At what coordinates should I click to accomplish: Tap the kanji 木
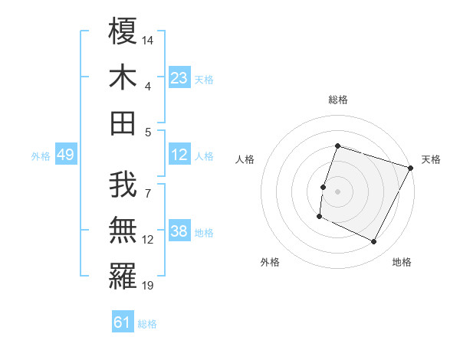click(x=123, y=77)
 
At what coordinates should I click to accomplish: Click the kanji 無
click(x=123, y=231)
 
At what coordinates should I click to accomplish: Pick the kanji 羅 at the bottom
click(x=123, y=277)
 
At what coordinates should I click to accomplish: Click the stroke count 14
click(x=149, y=40)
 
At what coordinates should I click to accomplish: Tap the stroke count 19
click(x=149, y=286)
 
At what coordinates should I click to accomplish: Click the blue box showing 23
click(x=179, y=77)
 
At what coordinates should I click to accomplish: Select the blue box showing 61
click(x=123, y=322)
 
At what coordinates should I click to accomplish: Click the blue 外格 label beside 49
click(x=41, y=156)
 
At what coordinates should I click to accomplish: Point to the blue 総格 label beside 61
click(x=147, y=324)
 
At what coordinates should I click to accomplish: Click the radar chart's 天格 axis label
click(x=431, y=159)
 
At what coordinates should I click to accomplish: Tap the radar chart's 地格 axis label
click(x=402, y=262)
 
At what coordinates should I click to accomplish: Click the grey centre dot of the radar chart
click(x=337, y=191)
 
